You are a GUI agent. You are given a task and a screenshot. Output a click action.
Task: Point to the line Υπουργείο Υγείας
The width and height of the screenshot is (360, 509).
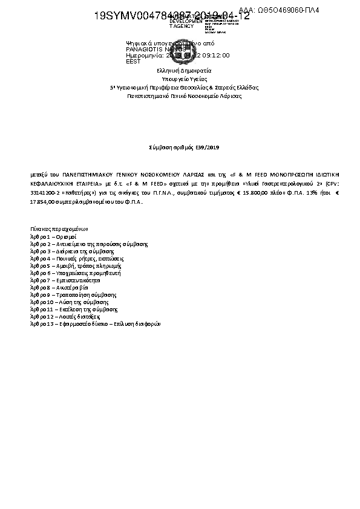180,79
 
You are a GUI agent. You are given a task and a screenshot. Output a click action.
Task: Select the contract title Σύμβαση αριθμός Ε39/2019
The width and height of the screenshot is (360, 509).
180,147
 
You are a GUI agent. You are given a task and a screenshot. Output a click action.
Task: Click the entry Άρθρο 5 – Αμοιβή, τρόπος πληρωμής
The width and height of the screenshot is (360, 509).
76,266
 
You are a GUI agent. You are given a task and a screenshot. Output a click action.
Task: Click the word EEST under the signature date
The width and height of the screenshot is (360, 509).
133,62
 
